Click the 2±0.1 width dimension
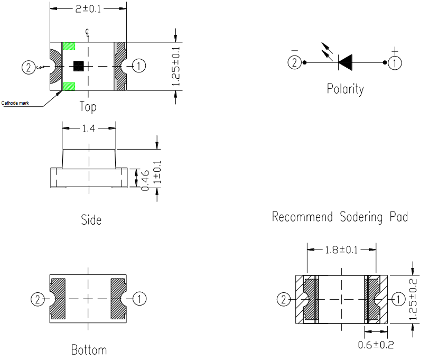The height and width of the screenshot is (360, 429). click(88, 9)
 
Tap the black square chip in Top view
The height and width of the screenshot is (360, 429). click(79, 66)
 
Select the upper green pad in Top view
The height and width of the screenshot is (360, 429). click(69, 46)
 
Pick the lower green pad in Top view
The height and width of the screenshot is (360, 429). click(69, 86)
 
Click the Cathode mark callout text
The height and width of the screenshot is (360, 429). click(15, 103)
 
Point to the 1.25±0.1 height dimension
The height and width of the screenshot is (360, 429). click(176, 66)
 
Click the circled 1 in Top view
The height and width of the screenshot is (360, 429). click(139, 66)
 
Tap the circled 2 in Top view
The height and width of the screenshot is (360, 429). click(29, 67)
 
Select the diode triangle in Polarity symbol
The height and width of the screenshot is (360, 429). click(346, 62)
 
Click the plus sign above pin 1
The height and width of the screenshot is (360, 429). click(395, 50)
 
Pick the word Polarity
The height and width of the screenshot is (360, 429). click(346, 89)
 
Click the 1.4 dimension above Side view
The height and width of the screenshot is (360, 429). click(89, 128)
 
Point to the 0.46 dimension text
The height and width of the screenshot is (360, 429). click(145, 180)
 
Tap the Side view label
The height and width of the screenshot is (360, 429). click(91, 220)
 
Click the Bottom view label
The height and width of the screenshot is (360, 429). click(89, 350)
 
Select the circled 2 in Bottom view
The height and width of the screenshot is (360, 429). click(38, 299)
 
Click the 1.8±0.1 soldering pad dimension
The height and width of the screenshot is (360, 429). click(341, 250)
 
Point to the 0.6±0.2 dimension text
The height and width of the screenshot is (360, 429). click(376, 344)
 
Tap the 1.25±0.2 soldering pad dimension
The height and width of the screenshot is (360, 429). click(413, 299)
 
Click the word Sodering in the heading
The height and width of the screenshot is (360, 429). click(361, 217)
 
